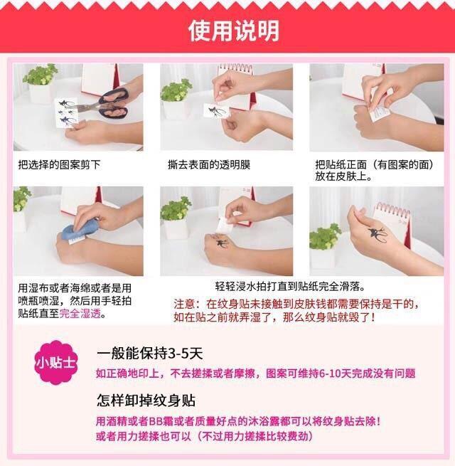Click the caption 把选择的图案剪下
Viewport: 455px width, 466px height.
tap(59, 165)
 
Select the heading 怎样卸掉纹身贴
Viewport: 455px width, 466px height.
tap(146, 400)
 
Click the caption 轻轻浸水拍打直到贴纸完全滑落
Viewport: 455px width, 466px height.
tap(290, 287)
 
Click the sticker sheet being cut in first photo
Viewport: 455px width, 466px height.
tap(68, 112)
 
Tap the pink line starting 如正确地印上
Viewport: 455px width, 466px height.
tap(255, 374)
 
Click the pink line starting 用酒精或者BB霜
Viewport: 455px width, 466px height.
tap(239, 420)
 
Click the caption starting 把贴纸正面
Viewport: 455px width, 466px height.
tap(373, 169)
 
